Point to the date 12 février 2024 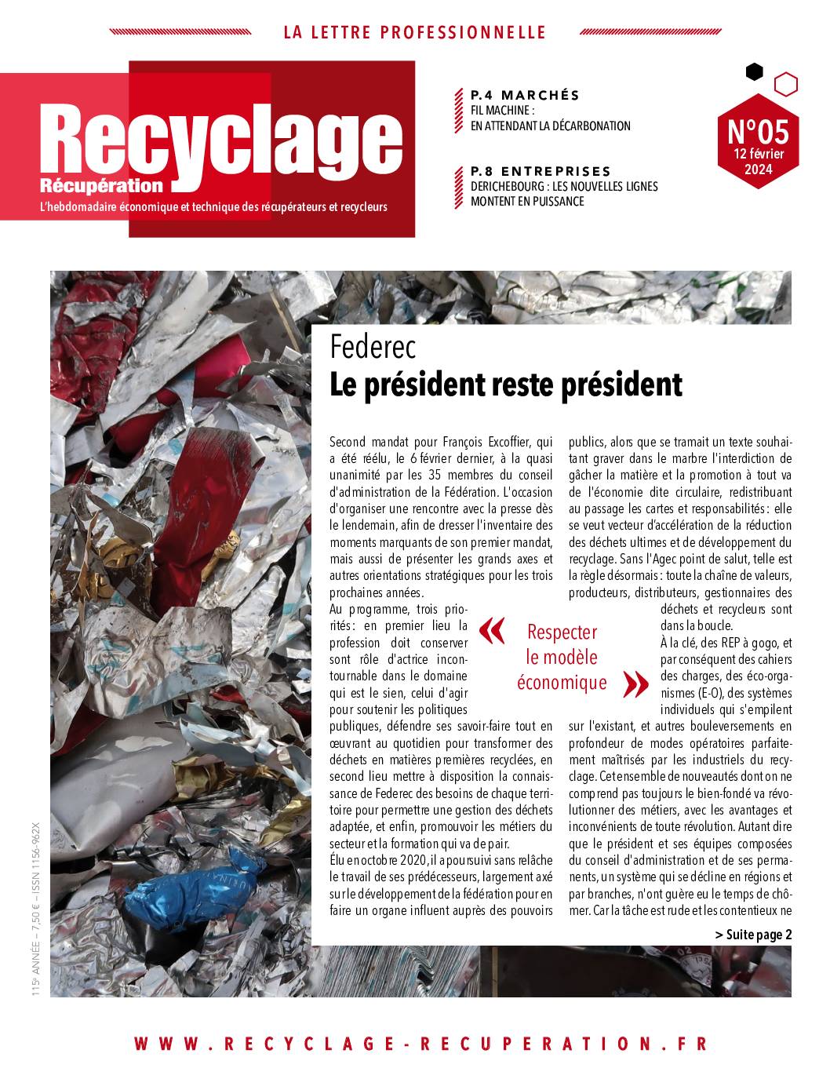tap(758, 162)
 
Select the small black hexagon tap(754, 72)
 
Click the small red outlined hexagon tap(785, 83)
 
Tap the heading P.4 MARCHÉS tap(525, 95)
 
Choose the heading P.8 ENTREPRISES tap(541, 171)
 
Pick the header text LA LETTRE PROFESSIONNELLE tap(414, 32)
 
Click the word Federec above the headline tap(373, 345)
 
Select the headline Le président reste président tap(506, 385)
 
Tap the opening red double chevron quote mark tap(492, 631)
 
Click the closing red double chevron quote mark tap(635, 684)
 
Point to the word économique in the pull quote tap(562, 683)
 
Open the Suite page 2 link tap(753, 934)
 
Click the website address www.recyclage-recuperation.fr tap(420, 1044)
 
